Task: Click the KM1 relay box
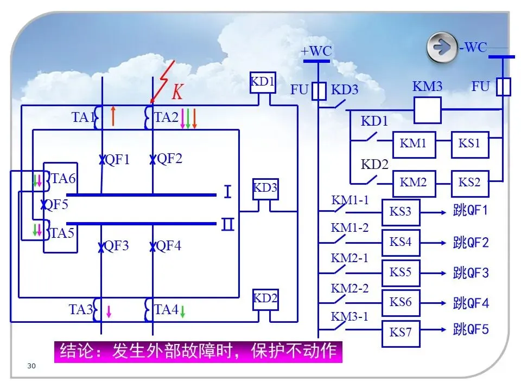click(x=414, y=145)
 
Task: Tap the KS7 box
click(x=401, y=332)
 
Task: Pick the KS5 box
click(x=401, y=272)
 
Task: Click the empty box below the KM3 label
click(x=427, y=110)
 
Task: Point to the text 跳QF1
click(x=471, y=211)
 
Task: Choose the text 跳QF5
click(x=471, y=329)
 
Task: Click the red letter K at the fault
click(x=177, y=93)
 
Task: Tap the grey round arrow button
click(x=442, y=48)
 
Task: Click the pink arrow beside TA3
click(x=109, y=311)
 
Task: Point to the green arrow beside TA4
click(x=183, y=312)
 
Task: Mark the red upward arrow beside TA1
click(x=113, y=116)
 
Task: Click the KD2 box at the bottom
click(x=265, y=299)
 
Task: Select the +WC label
click(x=316, y=51)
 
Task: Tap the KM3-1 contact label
click(x=350, y=316)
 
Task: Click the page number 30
click(x=31, y=367)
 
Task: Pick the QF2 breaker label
click(x=169, y=159)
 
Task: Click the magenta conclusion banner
click(x=198, y=351)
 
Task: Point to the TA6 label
click(x=63, y=178)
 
